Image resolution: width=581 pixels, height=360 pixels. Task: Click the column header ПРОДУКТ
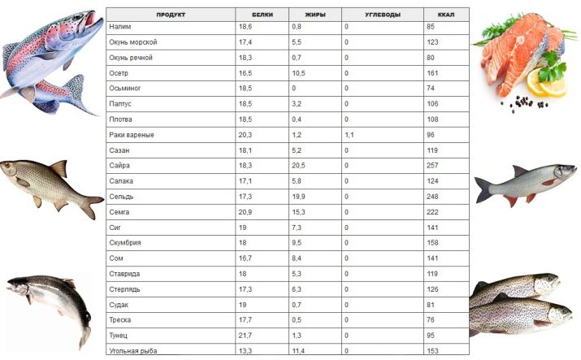coord(171,15)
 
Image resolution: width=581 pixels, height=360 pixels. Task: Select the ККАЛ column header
coord(446,15)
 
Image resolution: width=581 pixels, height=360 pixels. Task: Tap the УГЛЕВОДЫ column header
coord(382,15)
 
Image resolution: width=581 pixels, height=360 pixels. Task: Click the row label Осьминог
coord(124,88)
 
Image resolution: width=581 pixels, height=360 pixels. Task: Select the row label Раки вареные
coord(132,135)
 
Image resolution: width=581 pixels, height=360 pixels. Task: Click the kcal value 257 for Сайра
coord(432,166)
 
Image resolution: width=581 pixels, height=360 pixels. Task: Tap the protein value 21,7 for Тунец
coord(245,335)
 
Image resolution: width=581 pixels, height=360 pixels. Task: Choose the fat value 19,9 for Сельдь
coord(297,197)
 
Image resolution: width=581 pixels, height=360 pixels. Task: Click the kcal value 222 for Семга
coord(432,211)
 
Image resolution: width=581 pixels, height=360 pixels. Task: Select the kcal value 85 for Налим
coord(431,27)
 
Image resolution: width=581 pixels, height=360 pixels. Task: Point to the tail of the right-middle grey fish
coord(484,190)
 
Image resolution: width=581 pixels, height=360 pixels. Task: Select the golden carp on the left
coord(49,183)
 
